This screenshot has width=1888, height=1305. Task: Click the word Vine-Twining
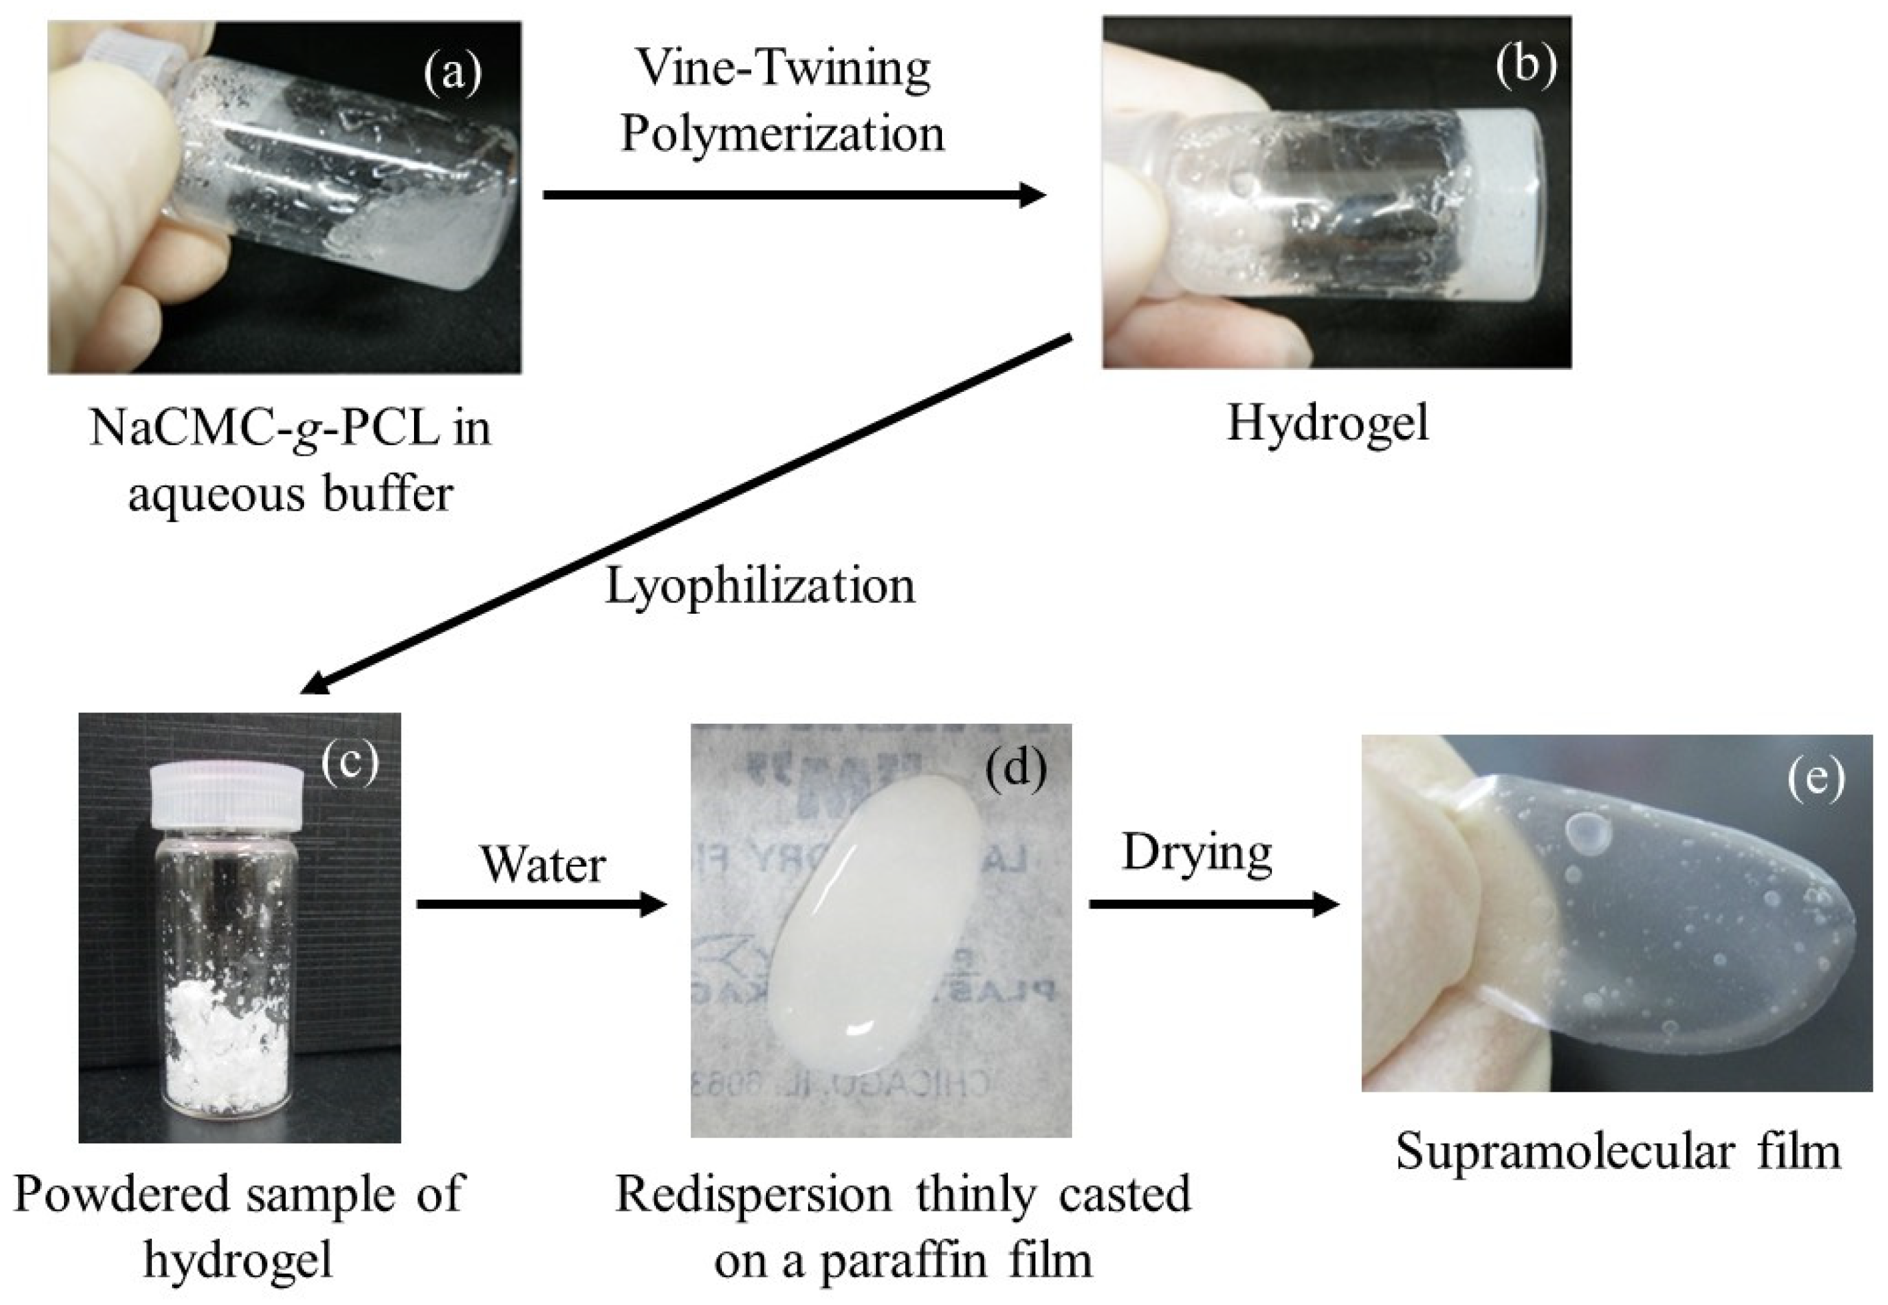click(783, 69)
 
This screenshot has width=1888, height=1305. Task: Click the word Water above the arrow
click(542, 865)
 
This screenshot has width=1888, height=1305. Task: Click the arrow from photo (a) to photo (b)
click(793, 195)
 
